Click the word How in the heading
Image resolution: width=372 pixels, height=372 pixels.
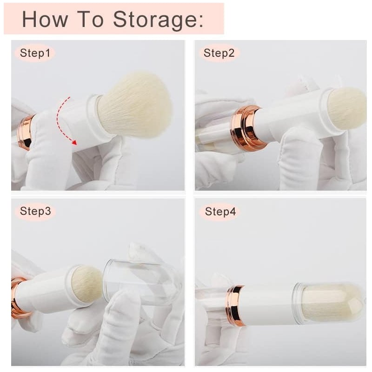pyautogui.click(x=45, y=19)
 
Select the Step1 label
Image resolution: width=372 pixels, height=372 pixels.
pyautogui.click(x=35, y=53)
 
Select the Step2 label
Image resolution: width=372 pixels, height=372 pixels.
pyautogui.click(x=219, y=53)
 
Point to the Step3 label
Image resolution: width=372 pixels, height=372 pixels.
pyautogui.click(x=35, y=211)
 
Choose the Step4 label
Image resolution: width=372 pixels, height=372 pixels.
pyautogui.click(x=220, y=212)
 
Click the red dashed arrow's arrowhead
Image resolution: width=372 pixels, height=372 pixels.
pyautogui.click(x=74, y=142)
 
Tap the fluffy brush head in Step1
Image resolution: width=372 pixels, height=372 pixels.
pyautogui.click(x=134, y=104)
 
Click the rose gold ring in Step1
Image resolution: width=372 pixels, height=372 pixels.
pyautogui.click(x=26, y=133)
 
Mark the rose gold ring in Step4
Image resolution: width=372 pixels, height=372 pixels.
pyautogui.click(x=235, y=306)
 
